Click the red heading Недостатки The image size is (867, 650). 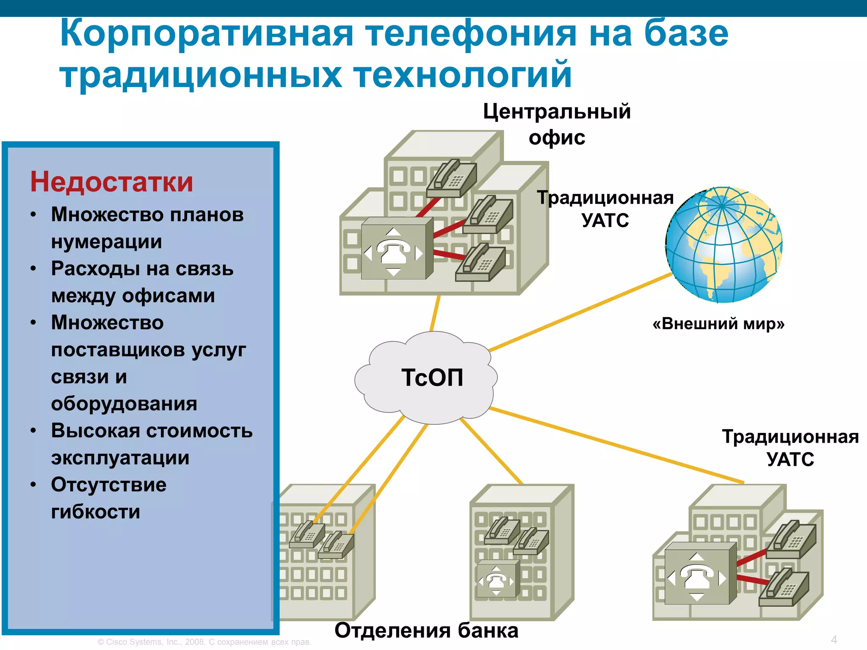111,182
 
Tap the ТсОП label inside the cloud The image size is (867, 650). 432,377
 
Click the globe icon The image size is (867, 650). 723,245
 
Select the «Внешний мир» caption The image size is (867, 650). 718,324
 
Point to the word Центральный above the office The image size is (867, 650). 557,112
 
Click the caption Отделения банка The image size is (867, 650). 426,631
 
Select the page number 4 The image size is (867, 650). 834,639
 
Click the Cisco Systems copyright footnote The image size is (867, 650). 204,642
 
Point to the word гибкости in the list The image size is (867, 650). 96,512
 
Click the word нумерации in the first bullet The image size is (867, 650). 107,242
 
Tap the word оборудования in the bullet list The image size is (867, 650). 124,404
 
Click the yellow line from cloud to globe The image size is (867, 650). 580,312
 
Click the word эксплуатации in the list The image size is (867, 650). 120,458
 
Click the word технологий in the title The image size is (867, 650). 463,75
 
